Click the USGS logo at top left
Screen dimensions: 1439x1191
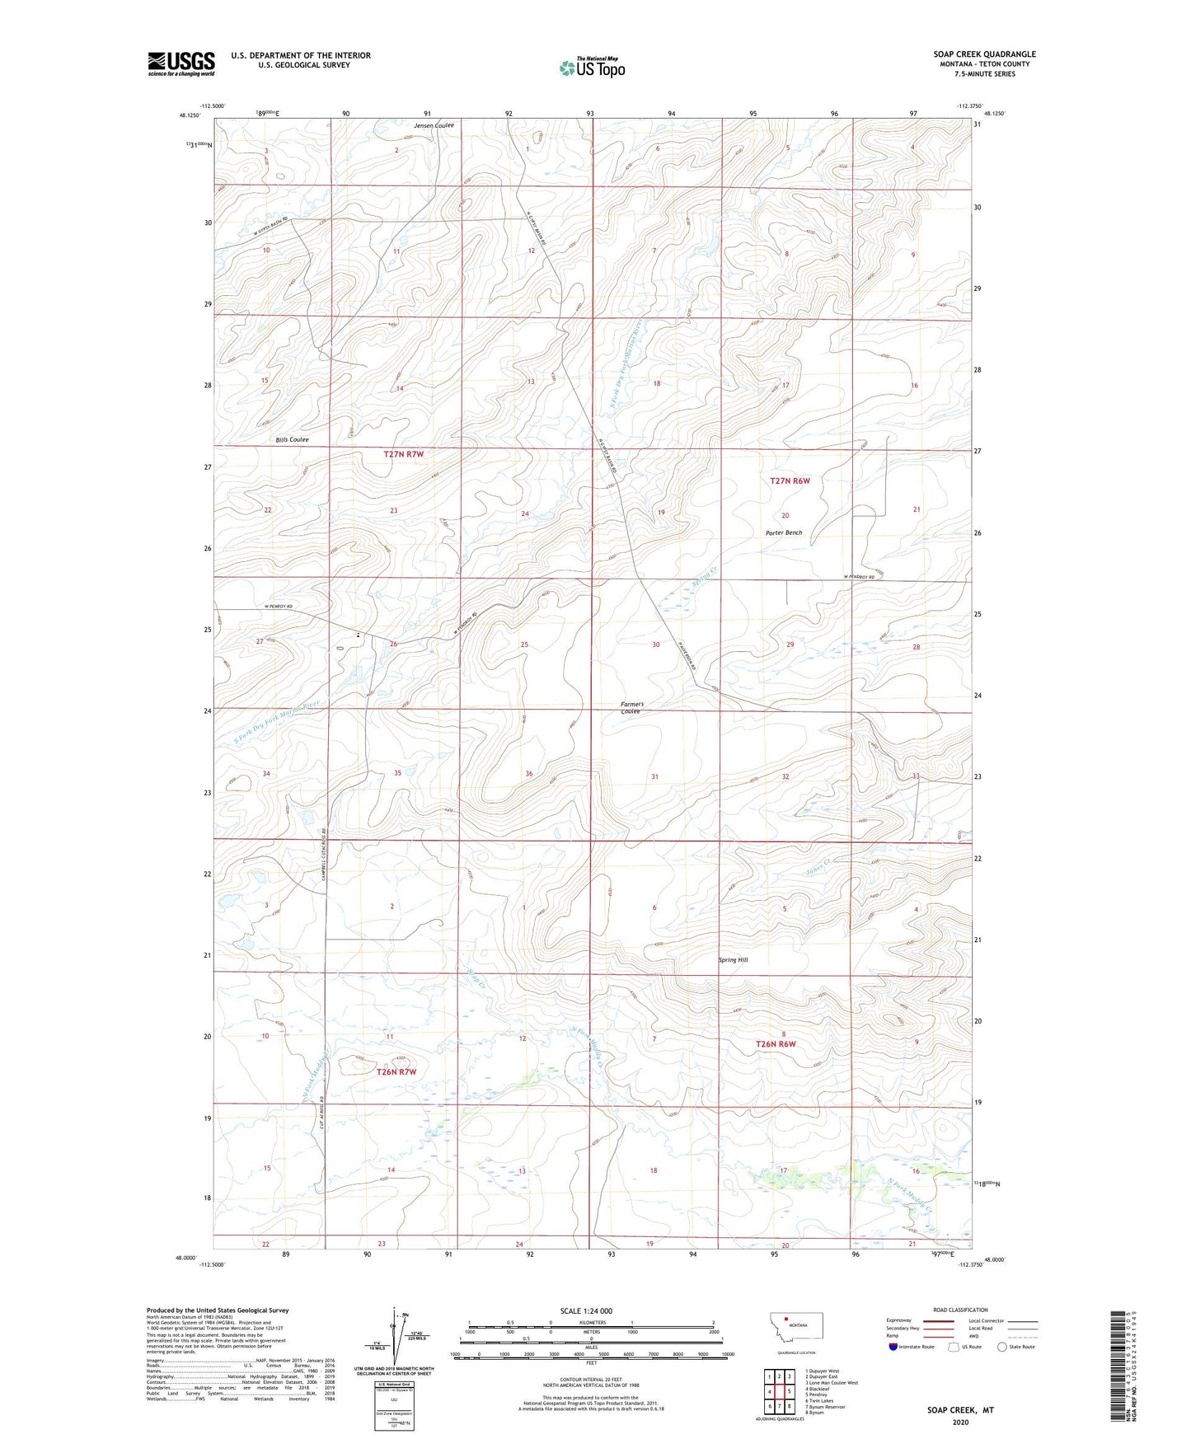pyautogui.click(x=181, y=63)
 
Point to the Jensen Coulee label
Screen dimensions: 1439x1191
pyautogui.click(x=434, y=125)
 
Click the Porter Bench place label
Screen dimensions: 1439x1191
pyautogui.click(x=783, y=532)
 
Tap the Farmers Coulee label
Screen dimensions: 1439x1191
pyautogui.click(x=632, y=707)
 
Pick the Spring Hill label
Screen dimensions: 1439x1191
pyautogui.click(x=733, y=960)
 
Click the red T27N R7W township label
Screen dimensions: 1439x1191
pyautogui.click(x=403, y=454)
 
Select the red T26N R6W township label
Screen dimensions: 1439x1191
pyautogui.click(x=776, y=1044)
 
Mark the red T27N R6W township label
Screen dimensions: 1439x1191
pyautogui.click(x=790, y=480)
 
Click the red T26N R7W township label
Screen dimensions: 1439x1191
pyautogui.click(x=396, y=1072)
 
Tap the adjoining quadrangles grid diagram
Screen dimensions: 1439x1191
pyautogui.click(x=778, y=1392)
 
